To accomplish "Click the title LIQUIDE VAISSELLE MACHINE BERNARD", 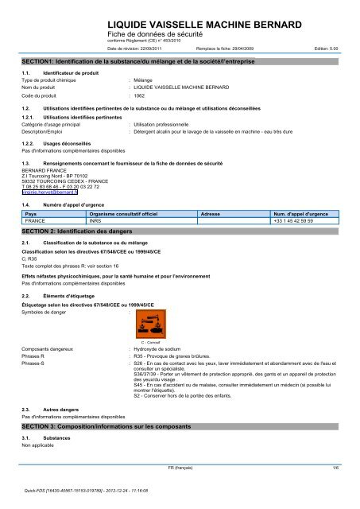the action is click(206, 27).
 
